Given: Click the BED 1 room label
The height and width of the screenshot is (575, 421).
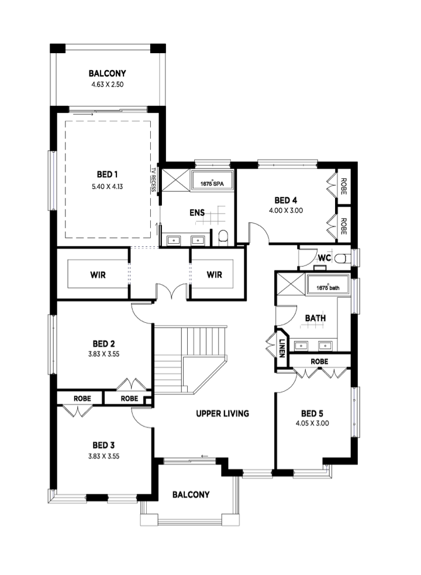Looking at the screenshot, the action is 107,174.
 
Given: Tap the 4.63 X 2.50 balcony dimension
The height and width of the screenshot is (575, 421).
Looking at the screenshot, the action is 108,84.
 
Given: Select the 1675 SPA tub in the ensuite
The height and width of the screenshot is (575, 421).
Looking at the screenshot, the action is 212,180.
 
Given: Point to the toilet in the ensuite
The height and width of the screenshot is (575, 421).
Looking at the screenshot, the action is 223,237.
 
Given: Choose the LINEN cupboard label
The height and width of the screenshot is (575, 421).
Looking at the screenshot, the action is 282,348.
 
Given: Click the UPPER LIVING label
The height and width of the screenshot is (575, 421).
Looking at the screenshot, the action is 223,414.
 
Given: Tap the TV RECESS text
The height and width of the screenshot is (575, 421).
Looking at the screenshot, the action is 153,180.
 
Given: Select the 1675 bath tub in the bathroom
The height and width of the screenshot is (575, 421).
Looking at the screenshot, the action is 328,284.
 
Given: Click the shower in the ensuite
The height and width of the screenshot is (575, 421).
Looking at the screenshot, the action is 175,180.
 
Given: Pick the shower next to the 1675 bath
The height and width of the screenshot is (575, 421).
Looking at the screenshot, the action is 291,284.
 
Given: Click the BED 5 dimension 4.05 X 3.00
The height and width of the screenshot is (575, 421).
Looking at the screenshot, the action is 312,423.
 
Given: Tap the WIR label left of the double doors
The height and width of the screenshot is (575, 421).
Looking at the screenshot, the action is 98,275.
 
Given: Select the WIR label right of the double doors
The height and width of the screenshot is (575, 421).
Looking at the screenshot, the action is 214,275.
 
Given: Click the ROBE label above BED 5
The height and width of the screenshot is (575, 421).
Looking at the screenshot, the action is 319,361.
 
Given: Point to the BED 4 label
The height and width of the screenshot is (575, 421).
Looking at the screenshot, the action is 286,200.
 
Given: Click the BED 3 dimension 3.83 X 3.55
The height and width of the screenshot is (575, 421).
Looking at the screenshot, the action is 103,457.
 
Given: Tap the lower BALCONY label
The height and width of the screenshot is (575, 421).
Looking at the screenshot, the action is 191,495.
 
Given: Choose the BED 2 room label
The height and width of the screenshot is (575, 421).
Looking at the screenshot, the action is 103,344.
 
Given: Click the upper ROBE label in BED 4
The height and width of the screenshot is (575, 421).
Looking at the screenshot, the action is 344,186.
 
